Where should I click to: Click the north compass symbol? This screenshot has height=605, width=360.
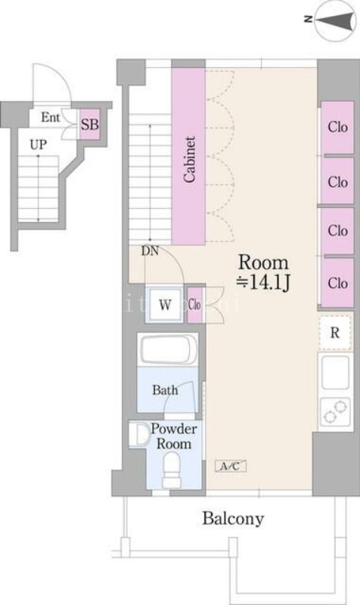pos(334,20)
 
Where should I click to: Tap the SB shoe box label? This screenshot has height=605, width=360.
pos(89,124)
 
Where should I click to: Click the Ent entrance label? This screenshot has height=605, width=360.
pos(51,117)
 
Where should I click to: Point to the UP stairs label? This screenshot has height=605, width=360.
pos(39,144)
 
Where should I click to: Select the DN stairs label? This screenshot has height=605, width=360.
pos(150,251)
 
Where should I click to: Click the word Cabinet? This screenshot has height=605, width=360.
pos(189,159)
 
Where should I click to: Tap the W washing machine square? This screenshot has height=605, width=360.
pos(164,305)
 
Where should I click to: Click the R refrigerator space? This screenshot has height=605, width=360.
pos(335,333)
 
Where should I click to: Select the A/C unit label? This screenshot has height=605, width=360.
pos(231,466)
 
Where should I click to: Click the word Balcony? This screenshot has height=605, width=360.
pos(234,518)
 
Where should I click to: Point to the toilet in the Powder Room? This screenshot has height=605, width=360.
pos(171,470)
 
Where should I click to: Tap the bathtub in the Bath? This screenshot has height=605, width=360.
pos(168,349)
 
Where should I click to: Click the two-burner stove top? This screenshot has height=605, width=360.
pos(335,411)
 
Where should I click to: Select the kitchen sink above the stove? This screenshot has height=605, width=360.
pos(335,372)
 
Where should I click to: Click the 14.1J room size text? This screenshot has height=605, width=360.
pos(263,283)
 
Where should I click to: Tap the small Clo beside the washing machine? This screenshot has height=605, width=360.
pos(195,305)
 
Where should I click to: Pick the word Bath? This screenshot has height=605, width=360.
pos(165,389)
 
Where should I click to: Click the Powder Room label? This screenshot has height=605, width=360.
pos(174,436)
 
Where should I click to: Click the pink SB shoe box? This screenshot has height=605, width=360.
pos(90,124)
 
